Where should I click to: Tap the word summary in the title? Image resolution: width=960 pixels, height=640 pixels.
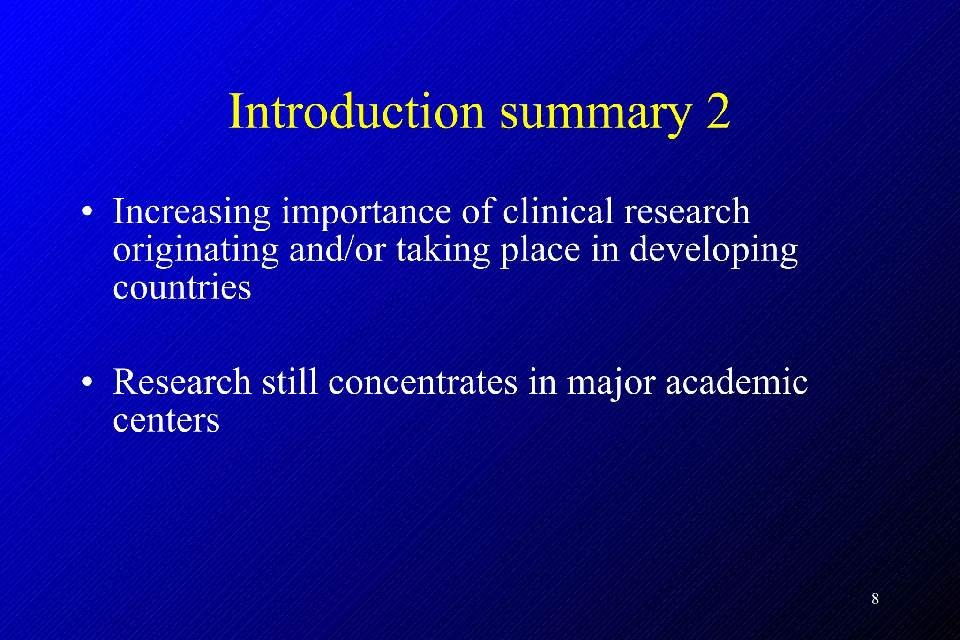click(x=595, y=115)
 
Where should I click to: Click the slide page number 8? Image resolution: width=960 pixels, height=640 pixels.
click(x=875, y=599)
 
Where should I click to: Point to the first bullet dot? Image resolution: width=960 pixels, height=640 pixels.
click(x=87, y=212)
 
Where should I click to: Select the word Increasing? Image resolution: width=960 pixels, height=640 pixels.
click(x=192, y=212)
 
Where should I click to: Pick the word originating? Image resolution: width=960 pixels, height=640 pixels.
click(x=196, y=251)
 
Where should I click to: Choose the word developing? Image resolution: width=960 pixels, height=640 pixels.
click(x=713, y=251)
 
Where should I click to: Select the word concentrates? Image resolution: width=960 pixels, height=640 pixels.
click(x=423, y=382)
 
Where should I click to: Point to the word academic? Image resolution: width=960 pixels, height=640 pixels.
click(x=736, y=381)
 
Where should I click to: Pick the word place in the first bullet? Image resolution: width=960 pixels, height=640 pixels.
click(x=540, y=251)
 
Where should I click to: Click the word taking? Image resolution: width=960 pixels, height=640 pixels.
click(x=443, y=251)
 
